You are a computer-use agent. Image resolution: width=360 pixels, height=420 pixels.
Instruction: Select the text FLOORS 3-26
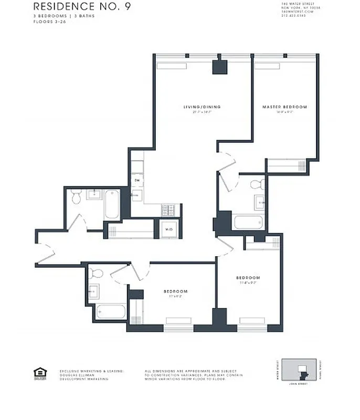coord(48,23)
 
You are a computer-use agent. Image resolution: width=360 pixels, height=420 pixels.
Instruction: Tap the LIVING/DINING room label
coord(202,107)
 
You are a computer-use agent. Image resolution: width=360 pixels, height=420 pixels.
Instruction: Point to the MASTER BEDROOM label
coord(285,107)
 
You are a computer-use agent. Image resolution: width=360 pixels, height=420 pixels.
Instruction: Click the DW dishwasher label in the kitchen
coord(136,181)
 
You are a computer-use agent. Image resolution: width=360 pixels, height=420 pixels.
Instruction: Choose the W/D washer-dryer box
coord(170,229)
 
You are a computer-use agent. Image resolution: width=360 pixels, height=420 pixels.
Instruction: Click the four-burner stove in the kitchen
coord(169,210)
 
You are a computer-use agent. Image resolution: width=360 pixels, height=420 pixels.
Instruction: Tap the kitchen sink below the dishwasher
coord(136,196)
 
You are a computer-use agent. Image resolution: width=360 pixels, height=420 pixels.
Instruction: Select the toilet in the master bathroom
coord(257,185)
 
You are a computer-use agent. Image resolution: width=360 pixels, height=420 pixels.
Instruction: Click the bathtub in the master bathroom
coord(248,222)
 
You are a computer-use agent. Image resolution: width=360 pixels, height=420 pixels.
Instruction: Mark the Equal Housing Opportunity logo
coord(40,373)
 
